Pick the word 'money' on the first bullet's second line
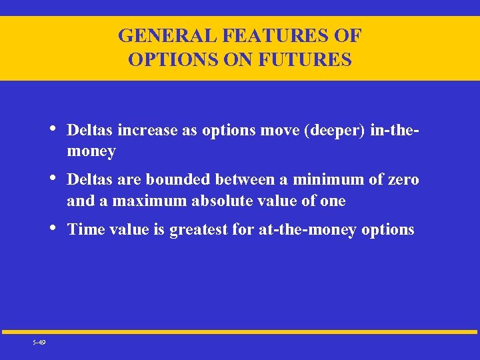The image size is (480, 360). click(x=91, y=152)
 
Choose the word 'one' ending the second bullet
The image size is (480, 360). click(x=333, y=201)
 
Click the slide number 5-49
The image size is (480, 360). click(x=39, y=342)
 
